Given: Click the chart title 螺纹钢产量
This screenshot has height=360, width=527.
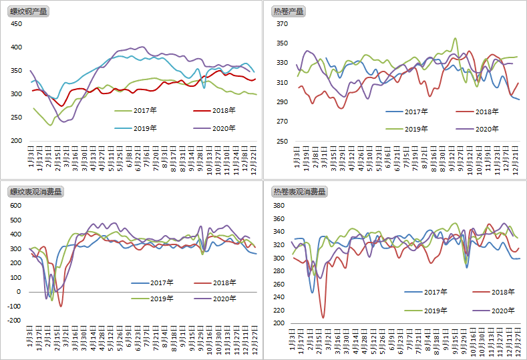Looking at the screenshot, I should click(28, 11).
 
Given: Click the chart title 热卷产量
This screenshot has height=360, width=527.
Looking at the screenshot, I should click(288, 11).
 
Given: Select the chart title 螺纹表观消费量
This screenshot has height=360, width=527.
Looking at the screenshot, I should click(35, 192).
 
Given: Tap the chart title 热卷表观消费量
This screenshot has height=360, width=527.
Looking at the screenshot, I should click(299, 192).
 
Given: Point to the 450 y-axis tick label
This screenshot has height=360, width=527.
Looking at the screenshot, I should click(16, 24).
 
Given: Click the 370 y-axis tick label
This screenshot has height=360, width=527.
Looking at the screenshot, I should click(282, 24).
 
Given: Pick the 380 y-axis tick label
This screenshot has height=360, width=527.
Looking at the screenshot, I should click(279, 205).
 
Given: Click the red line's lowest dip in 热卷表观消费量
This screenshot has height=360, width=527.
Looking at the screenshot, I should click(323, 317).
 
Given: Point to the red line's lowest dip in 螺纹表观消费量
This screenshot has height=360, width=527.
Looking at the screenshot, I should click(61, 306).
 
